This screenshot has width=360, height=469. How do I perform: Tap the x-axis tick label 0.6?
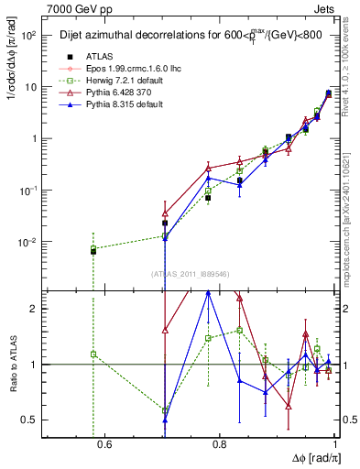[104, 445]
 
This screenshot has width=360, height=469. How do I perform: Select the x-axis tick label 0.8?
[219, 445]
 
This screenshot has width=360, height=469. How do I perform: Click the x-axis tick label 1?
[334, 445]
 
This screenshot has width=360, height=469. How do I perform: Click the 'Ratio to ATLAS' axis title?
[11, 365]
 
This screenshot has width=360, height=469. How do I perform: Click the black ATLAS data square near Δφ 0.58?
[93, 250]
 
